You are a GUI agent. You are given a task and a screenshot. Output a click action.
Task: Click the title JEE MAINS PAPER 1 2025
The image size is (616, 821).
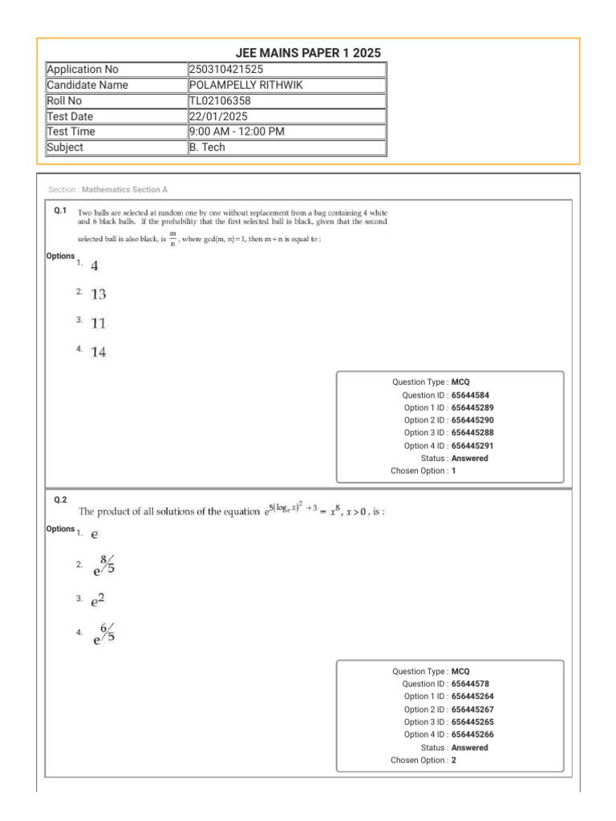pyautogui.click(x=308, y=53)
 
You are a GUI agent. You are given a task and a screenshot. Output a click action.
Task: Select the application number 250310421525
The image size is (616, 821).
pyautogui.click(x=226, y=70)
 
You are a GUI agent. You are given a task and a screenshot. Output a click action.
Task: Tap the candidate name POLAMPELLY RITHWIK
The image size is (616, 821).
pyautogui.click(x=246, y=85)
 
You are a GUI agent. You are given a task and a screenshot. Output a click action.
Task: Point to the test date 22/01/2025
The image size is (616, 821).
pyautogui.click(x=218, y=116)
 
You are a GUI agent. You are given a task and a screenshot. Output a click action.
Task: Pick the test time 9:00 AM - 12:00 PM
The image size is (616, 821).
pyautogui.click(x=237, y=131)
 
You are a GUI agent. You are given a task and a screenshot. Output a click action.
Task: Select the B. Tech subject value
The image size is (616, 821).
pyautogui.click(x=207, y=148)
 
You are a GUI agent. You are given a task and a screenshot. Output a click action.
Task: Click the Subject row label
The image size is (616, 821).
pyautogui.click(x=65, y=148)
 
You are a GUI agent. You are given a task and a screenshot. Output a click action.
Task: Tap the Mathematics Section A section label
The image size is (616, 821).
pyautogui.click(x=124, y=190)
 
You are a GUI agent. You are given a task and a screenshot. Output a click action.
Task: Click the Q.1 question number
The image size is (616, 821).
pyautogui.click(x=59, y=210)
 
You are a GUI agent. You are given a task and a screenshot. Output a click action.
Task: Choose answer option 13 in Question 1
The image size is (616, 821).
pyautogui.click(x=98, y=294)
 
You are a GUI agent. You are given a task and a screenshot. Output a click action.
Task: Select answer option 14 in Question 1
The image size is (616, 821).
pyautogui.click(x=98, y=352)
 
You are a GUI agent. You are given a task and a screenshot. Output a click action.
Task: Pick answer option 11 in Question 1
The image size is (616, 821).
pyautogui.click(x=98, y=323)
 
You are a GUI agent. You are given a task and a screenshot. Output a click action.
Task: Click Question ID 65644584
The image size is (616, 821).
pyautogui.click(x=470, y=395)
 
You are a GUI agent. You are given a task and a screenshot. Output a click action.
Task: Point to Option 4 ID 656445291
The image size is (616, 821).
pyautogui.click(x=472, y=446)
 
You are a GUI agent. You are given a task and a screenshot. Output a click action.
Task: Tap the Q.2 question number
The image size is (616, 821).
pyautogui.click(x=59, y=499)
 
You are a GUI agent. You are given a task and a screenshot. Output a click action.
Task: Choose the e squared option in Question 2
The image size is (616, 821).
pyautogui.click(x=98, y=599)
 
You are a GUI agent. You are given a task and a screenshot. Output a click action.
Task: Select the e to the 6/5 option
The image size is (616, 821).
pyautogui.click(x=103, y=633)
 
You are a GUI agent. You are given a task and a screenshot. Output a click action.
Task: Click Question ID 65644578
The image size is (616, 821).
pyautogui.click(x=470, y=684)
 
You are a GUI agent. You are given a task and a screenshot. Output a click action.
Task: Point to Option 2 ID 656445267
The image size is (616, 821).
pyautogui.click(x=472, y=710)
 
